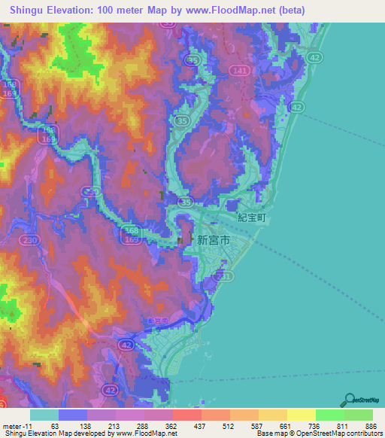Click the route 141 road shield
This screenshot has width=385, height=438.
pyautogui.click(x=240, y=70)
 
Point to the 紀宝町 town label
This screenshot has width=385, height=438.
pyautogui.click(x=252, y=217)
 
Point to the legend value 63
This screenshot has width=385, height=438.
pyautogui.click(x=54, y=425)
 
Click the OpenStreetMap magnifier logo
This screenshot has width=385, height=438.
pyautogui.click(x=349, y=400)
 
